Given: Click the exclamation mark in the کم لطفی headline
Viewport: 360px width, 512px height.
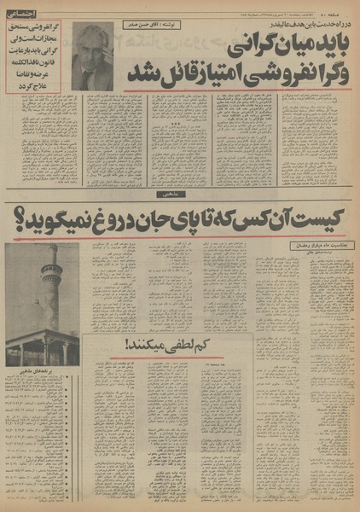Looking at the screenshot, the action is click(129, 346).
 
